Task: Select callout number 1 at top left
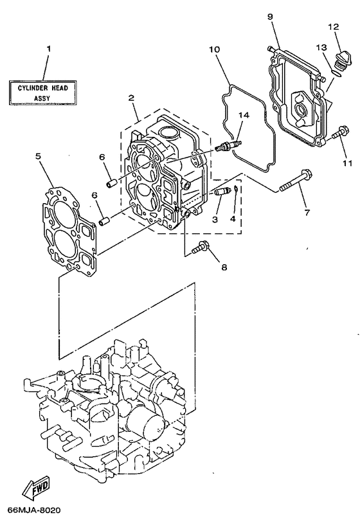click(48, 49)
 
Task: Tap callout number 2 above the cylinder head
click(131, 98)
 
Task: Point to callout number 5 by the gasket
click(38, 156)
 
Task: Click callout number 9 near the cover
click(271, 15)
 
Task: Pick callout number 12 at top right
click(333, 27)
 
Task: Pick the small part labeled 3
click(222, 192)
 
